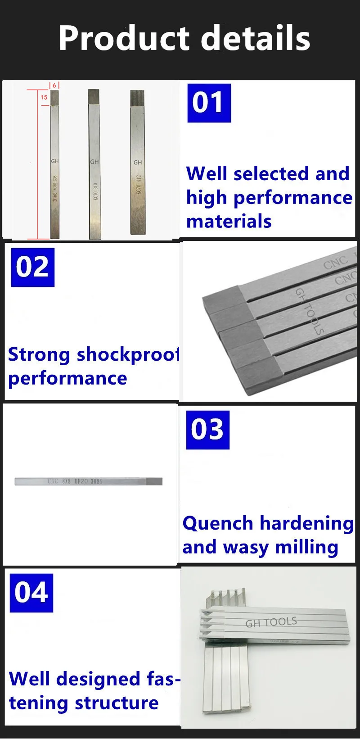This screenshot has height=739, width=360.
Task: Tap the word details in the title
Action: coord(255,38)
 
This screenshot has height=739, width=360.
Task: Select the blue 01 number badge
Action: coord(209,103)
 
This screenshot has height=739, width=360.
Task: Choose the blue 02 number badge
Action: coord(32,267)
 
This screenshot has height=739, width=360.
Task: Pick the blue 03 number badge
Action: coord(207,430)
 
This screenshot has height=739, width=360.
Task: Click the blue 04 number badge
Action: coord(31,593)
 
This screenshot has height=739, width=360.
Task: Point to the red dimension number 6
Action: coord(54,85)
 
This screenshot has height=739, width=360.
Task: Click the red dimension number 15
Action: coord(44,97)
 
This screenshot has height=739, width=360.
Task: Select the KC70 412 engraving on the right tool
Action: coord(139,184)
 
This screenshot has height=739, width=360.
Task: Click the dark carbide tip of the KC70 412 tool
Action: coord(137,98)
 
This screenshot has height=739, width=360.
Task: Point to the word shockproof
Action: coord(128,355)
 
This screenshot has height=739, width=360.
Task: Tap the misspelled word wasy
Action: coord(246,548)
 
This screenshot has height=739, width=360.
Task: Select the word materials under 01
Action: coord(229,222)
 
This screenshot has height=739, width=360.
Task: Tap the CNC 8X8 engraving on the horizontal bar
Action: coord(75,481)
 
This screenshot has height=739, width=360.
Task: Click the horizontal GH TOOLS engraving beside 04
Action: coord(271,622)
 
